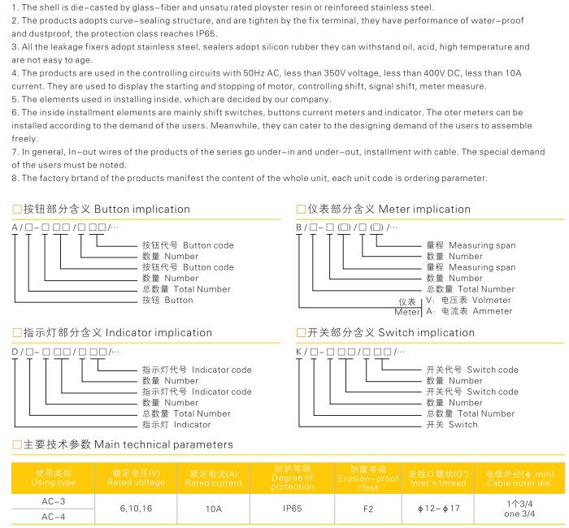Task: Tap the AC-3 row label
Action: coord(54,501)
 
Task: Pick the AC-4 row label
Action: coord(54,516)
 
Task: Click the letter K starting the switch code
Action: coord(298,352)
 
